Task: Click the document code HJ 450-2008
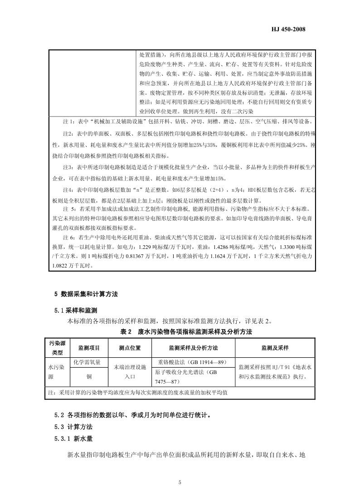click(x=290, y=29)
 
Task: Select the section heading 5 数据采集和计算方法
click(x=86, y=294)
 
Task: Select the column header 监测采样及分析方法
click(x=193, y=348)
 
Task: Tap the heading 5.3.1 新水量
click(x=73, y=439)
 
